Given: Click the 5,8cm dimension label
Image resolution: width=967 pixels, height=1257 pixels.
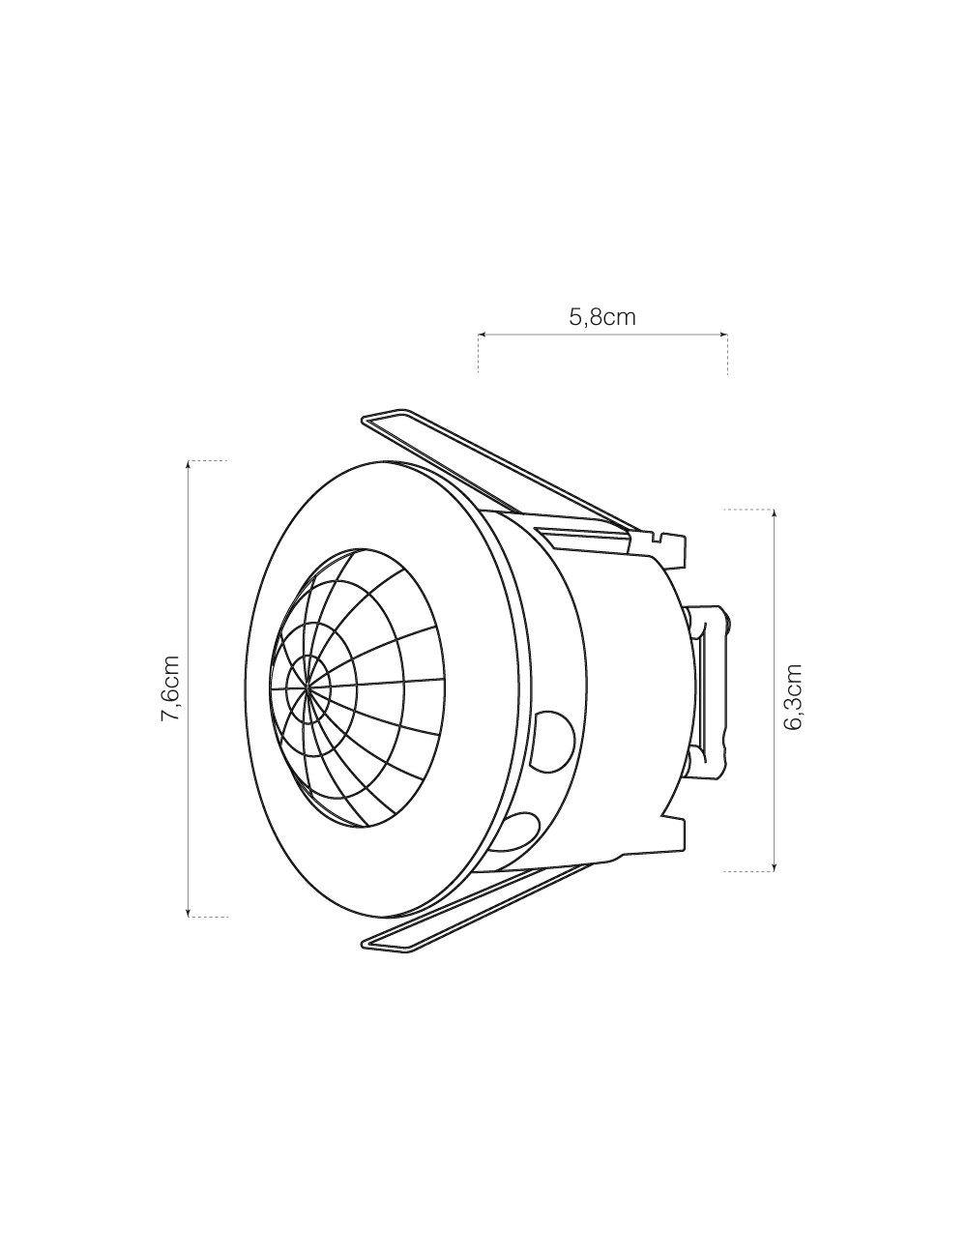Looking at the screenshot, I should point(602,316).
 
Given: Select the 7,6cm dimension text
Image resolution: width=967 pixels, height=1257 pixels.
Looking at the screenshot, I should point(170,687).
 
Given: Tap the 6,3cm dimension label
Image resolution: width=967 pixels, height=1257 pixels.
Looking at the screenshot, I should point(794,696).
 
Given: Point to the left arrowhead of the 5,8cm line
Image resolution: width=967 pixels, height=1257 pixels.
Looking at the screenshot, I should point(482,336).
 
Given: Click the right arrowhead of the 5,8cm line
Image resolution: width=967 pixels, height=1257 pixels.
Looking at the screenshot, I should point(724,336).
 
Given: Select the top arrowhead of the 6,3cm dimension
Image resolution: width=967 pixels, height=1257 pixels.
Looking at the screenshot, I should point(774,512).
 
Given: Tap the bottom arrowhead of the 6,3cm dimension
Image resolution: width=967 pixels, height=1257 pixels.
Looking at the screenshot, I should point(774,867).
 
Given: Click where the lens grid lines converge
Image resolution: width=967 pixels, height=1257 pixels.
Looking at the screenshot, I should point(308,687).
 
